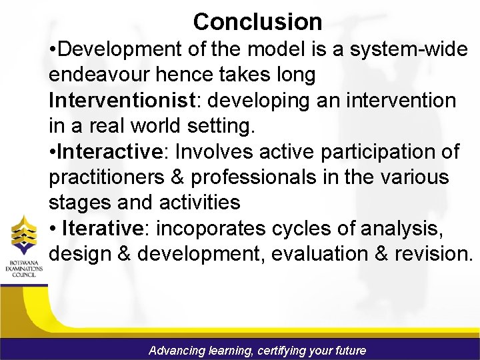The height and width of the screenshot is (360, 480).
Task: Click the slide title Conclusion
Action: tap(257, 22)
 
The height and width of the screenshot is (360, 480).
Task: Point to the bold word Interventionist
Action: tap(117, 101)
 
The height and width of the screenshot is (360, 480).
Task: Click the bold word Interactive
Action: tap(111, 152)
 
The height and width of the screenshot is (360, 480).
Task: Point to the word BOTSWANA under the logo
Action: tap(25, 262)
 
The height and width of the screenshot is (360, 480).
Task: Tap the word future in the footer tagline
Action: tap(349, 350)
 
